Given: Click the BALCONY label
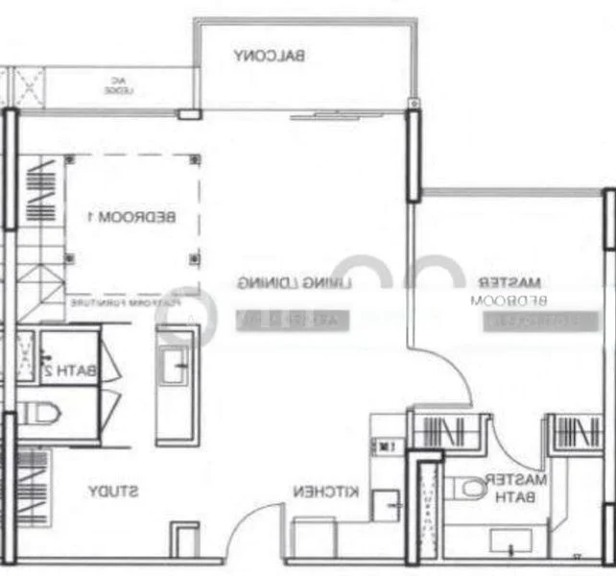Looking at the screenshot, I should coord(270,56).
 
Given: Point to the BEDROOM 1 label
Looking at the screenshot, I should coord(131,217).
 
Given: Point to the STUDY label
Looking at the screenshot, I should coord(113,492).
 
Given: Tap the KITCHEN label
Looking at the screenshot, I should coord(326,492).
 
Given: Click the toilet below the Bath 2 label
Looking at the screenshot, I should coord(40,414).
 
